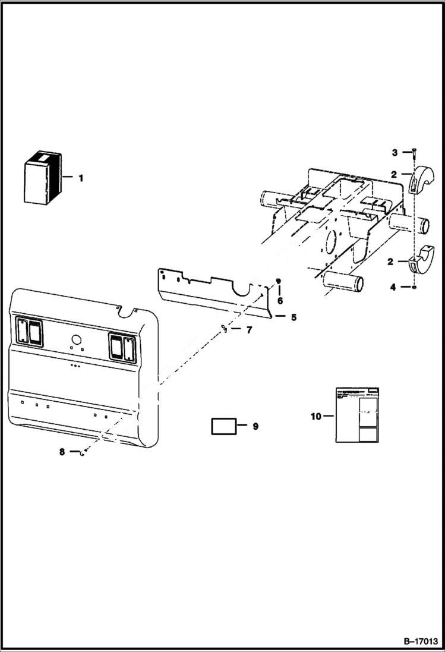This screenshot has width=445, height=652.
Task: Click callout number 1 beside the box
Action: [81, 178]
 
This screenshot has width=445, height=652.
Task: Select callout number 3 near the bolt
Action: [394, 153]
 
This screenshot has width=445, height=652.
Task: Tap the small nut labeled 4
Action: [414, 288]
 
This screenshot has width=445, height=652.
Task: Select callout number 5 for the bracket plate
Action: [293, 317]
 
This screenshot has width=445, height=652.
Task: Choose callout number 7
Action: [249, 329]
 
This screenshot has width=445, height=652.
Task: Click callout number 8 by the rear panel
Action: [62, 452]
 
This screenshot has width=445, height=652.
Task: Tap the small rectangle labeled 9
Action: [223, 426]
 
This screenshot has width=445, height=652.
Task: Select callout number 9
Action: [255, 426]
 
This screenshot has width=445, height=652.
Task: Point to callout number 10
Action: [315, 416]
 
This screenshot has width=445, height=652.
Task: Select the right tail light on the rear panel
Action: [122, 347]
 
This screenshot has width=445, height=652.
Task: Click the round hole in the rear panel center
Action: [75, 340]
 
